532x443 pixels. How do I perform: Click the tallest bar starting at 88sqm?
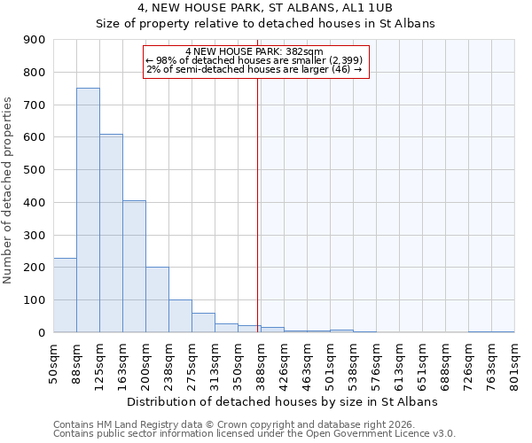pyautogui.click(x=88, y=210)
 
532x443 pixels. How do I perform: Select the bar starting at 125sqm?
pyautogui.click(x=111, y=233)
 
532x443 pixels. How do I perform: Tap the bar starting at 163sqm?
pyautogui.click(x=134, y=266)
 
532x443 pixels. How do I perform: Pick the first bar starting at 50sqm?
pyautogui.click(x=65, y=295)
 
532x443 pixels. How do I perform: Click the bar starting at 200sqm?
pyautogui.click(x=157, y=299)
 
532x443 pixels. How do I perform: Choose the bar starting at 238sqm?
pyautogui.click(x=180, y=315)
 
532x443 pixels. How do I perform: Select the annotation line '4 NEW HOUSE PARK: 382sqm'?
pyautogui.click(x=254, y=51)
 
